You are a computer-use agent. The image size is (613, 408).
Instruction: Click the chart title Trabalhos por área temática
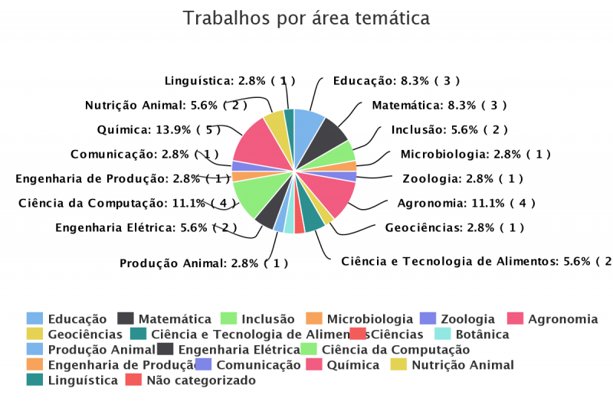coord(306,18)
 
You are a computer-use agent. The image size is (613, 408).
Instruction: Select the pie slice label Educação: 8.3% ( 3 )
coord(396,80)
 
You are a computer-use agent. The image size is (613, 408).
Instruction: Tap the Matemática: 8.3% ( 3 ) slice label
coord(439,105)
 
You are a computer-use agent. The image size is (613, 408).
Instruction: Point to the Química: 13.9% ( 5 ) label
coord(159,129)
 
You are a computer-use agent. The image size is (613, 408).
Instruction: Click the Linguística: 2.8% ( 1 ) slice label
coord(230,80)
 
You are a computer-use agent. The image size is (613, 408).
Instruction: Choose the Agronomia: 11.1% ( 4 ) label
coord(466,203)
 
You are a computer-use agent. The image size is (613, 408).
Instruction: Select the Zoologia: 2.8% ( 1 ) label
coord(463,178)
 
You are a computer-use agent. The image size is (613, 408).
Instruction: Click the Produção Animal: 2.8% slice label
coord(204,263)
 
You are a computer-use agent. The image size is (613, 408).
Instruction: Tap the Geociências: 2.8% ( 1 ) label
coord(454,227)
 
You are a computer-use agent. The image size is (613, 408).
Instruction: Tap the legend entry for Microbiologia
coord(370,318)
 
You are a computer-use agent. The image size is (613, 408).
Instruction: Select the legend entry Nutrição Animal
coord(463,364)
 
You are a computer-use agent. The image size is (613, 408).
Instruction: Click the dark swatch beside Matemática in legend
coord(126,318)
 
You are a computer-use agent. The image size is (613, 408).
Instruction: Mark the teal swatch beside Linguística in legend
coord(34,380)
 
